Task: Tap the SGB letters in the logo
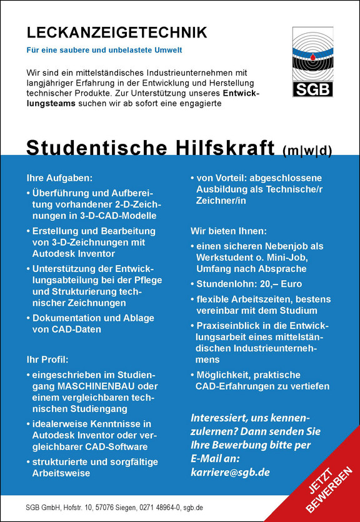312,89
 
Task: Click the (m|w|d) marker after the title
306,149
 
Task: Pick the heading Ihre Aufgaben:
60,178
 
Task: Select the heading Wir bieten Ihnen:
229,231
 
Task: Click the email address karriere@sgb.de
229,472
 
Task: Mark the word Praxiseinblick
229,326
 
